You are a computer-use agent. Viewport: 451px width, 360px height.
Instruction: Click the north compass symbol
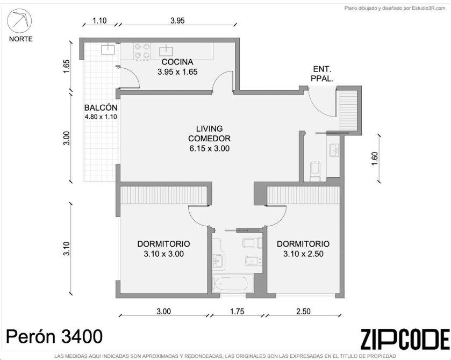click(x=19, y=21)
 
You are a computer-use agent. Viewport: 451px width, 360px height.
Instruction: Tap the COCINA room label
click(x=177, y=62)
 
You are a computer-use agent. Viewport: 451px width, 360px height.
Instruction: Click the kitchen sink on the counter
click(x=167, y=50)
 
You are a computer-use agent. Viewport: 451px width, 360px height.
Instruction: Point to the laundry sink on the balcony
click(x=108, y=49)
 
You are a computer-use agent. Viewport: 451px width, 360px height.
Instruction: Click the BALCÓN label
click(x=101, y=107)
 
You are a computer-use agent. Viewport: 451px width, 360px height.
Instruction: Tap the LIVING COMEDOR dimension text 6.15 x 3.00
click(x=210, y=148)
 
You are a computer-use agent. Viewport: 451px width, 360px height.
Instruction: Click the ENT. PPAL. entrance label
click(x=322, y=74)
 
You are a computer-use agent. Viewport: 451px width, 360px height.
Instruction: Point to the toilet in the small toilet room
click(x=315, y=171)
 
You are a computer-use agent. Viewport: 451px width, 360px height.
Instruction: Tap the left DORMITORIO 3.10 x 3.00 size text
click(x=163, y=254)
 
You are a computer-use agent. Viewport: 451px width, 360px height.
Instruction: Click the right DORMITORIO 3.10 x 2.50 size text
click(x=303, y=254)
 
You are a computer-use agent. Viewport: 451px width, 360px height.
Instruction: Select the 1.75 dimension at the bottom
click(x=237, y=312)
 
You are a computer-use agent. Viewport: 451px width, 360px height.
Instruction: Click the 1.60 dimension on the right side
click(x=375, y=159)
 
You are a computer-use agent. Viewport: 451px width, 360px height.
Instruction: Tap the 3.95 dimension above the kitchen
click(x=177, y=21)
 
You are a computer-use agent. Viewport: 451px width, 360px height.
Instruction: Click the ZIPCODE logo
click(x=405, y=339)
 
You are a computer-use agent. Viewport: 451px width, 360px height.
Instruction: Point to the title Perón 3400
click(x=54, y=336)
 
